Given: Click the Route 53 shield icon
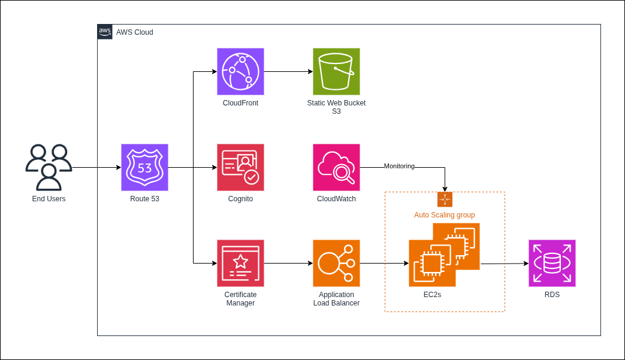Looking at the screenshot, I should click(144, 167).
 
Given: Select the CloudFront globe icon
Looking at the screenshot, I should click(240, 71).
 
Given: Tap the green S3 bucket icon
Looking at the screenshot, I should click(336, 71).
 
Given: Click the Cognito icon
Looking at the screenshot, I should click(240, 167).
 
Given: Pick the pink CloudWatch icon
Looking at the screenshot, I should click(336, 167).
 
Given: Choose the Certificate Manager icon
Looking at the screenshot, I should click(240, 263).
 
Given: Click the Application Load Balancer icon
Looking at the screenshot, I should click(336, 263).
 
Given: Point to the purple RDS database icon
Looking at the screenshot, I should click(552, 263).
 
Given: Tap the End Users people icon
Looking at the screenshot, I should click(49, 167).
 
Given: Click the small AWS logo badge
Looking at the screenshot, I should click(105, 32).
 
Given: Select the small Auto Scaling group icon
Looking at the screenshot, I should click(445, 199).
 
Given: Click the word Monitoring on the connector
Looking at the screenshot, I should click(399, 166).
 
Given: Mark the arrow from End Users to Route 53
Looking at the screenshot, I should click(96, 167).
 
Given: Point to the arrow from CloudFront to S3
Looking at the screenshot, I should click(288, 71).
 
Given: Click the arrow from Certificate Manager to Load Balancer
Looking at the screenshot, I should click(288, 263).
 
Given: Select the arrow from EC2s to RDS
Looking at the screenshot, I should click(504, 263).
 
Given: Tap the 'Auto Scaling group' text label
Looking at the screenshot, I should click(445, 214).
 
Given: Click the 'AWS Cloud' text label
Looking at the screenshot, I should click(135, 32).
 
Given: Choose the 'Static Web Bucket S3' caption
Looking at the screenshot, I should click(336, 107).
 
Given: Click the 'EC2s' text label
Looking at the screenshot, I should click(432, 295).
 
